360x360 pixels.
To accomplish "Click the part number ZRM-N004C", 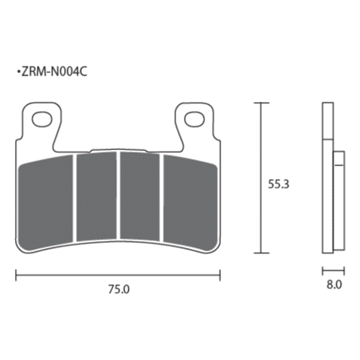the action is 54,72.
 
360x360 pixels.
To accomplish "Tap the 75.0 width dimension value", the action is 119,289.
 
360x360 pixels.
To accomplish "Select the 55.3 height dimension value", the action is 279,184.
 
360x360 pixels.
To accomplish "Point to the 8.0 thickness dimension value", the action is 335,285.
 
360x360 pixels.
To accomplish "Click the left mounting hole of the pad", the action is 42,119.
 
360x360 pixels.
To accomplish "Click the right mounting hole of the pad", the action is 194,119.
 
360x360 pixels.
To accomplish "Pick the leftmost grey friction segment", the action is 45,202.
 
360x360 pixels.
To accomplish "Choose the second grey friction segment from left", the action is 96,196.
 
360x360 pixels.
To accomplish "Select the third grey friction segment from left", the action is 140,196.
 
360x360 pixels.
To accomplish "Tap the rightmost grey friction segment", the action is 190,202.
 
